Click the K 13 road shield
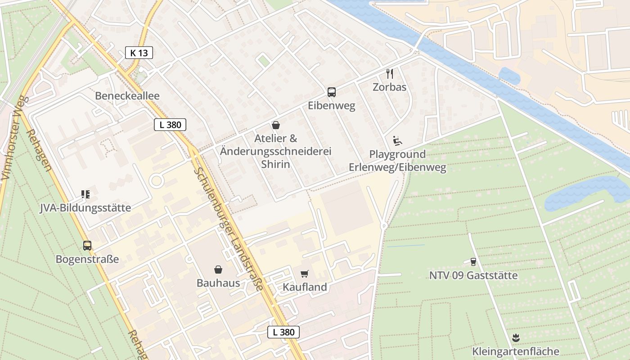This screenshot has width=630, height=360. (x=139, y=53)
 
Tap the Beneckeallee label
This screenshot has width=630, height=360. (x=127, y=96)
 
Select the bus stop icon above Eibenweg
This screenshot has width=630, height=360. (x=332, y=92)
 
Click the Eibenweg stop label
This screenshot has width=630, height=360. (x=332, y=106)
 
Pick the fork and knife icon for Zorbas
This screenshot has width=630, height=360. (x=390, y=73)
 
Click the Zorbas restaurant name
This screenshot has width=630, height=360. (x=390, y=87)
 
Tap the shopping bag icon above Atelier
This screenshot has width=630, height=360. (x=276, y=125)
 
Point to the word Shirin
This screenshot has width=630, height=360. (x=276, y=164)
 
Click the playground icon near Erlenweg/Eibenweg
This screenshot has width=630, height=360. (x=397, y=141)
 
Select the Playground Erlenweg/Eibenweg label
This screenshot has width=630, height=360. (x=397, y=161)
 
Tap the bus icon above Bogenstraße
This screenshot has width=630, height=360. (x=87, y=246)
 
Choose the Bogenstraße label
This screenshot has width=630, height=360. (x=87, y=259)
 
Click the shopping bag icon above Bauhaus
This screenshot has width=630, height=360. (x=218, y=270)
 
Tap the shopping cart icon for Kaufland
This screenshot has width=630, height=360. (x=305, y=274)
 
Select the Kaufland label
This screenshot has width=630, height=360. (x=305, y=287)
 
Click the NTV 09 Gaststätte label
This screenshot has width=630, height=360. (x=473, y=275)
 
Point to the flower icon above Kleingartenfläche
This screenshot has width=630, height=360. (x=516, y=337)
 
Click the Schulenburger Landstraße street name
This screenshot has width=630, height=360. (x=229, y=229)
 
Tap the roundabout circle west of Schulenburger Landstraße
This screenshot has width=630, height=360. (x=156, y=181)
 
